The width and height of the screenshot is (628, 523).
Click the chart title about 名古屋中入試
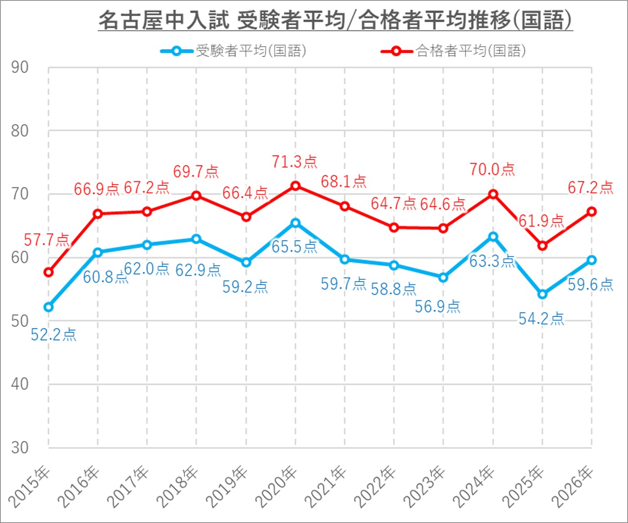pyautogui.click(x=335, y=20)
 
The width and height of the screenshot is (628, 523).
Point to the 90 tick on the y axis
pyautogui.click(x=20, y=67)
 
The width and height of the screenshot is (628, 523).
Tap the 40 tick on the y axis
pyautogui.click(x=20, y=384)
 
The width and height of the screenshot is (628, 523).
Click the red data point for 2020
pyautogui.click(x=296, y=186)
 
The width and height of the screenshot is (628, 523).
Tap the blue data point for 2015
pyautogui.click(x=49, y=307)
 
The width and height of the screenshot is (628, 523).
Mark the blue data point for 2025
pyautogui.click(x=542, y=294)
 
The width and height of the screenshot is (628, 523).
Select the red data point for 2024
pyautogui.click(x=493, y=194)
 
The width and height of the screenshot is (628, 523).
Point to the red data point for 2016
pyautogui.click(x=98, y=214)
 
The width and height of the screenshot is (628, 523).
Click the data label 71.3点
pyautogui.click(x=294, y=162)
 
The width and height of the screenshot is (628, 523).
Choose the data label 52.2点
pyautogui.click(x=53, y=335)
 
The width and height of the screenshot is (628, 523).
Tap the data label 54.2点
pyautogui.click(x=541, y=319)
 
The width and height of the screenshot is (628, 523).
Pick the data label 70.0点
pyautogui.click(x=492, y=169)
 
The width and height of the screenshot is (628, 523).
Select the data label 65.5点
pyautogui.click(x=294, y=247)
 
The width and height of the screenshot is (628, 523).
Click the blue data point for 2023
pyautogui.click(x=443, y=277)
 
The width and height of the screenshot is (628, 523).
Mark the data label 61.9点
pyautogui.click(x=541, y=221)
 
